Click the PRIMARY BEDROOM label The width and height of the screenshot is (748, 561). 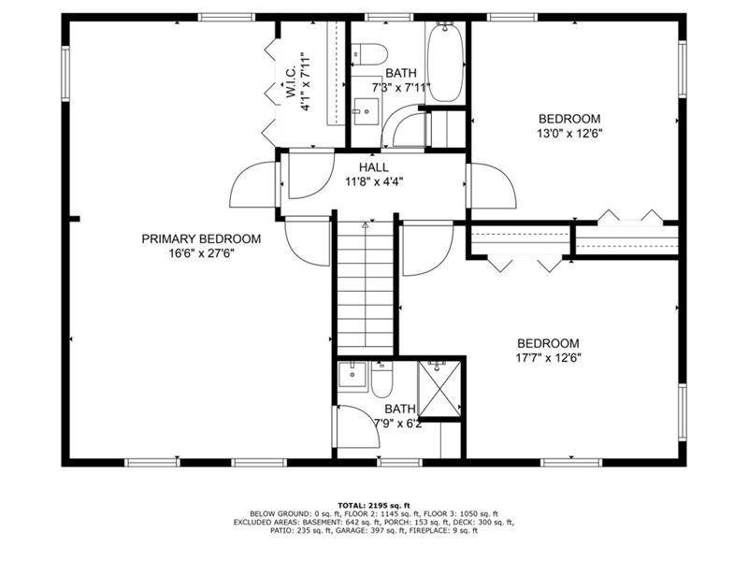click(x=201, y=238)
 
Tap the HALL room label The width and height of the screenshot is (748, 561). click(x=373, y=167)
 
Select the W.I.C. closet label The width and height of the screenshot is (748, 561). click(x=292, y=82)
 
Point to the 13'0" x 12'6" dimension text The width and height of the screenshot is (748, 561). click(x=569, y=134)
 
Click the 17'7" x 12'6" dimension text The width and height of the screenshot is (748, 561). click(x=549, y=358)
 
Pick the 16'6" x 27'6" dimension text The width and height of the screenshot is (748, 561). click(x=201, y=253)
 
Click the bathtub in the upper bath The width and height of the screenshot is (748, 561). click(x=446, y=62)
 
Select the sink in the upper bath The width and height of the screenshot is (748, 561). click(x=367, y=111)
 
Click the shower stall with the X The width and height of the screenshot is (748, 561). click(x=439, y=389)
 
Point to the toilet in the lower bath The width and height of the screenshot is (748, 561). click(x=381, y=381)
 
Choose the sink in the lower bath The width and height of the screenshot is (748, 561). click(x=352, y=376)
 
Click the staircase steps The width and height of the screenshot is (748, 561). click(x=366, y=286)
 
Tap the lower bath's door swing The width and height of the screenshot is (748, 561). click(x=358, y=426)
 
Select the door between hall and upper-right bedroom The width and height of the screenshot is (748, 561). click(x=492, y=185)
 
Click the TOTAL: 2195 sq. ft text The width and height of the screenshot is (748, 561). click(x=374, y=505)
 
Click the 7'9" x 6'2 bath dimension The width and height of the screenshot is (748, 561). click(x=397, y=424)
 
